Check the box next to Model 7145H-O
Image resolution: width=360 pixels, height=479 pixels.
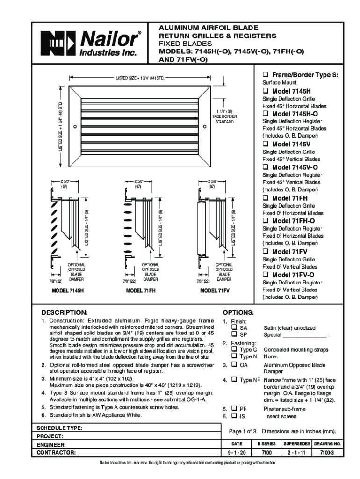[x=266, y=114]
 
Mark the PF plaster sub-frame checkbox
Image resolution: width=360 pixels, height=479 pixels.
[x=232, y=408]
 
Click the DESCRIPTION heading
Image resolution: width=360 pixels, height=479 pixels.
[x=65, y=312]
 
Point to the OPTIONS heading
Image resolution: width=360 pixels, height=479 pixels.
[x=238, y=312]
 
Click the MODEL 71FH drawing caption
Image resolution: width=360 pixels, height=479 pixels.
[x=141, y=290]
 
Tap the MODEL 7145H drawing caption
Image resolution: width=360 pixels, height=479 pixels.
[x=67, y=290]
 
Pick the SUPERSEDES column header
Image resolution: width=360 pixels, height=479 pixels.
[x=297, y=443]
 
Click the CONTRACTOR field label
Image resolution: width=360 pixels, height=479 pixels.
[x=57, y=453]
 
